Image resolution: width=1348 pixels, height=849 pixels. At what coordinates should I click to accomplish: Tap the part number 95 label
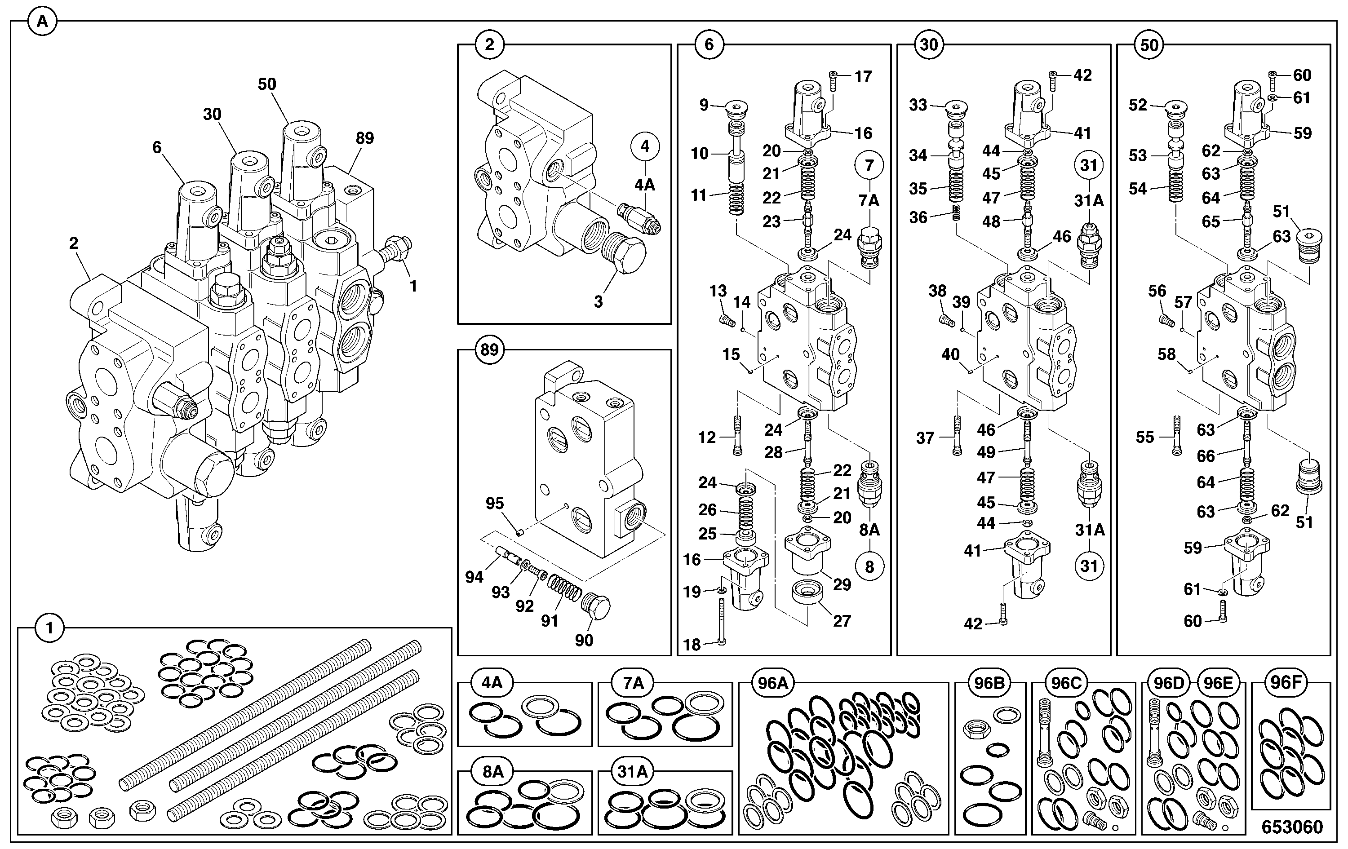coord(495,503)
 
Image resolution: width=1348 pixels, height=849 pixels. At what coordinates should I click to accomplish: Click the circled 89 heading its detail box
coord(489,350)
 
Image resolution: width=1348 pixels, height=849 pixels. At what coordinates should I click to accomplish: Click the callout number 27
coord(842,621)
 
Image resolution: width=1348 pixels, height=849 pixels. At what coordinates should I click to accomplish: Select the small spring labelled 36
coord(956,212)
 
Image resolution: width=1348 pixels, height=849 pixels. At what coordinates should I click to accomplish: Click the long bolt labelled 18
coord(721,622)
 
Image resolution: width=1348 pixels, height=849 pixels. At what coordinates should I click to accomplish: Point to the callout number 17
coord(863,77)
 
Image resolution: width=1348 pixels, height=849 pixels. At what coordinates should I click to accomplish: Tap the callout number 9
coord(704,105)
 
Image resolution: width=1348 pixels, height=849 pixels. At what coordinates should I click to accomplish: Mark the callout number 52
coord(1138,105)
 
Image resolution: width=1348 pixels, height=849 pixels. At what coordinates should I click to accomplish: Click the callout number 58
coord(1166,354)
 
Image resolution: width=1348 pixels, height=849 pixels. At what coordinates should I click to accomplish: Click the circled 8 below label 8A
coord(869,567)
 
